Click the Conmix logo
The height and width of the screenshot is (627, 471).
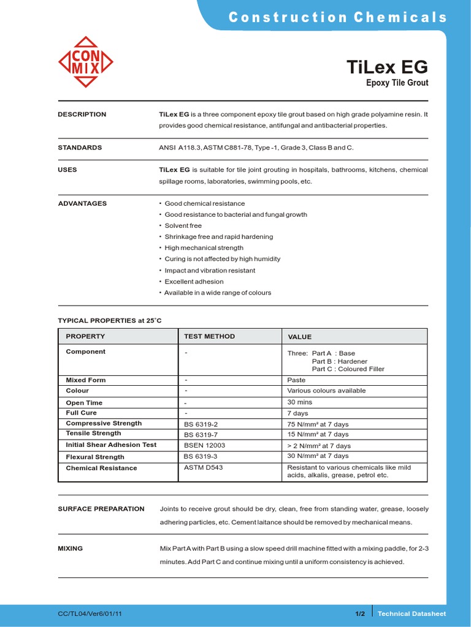tap(86, 62)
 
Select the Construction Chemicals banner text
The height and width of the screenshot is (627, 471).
tap(337, 18)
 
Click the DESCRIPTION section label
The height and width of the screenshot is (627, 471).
tap(82, 115)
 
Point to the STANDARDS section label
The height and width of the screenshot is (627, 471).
tap(80, 148)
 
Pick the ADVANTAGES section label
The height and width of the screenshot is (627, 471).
tap(82, 203)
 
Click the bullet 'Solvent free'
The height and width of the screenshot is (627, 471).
tap(183, 226)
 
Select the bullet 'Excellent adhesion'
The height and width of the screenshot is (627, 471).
tap(194, 282)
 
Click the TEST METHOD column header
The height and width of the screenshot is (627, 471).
tap(209, 336)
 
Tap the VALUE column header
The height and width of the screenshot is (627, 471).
tap(300, 337)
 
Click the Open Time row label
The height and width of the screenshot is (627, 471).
tap(84, 403)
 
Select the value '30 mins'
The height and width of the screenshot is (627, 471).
tap(300, 402)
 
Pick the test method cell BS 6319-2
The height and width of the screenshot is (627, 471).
tap(201, 424)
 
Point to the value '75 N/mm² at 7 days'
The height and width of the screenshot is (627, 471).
tap(318, 424)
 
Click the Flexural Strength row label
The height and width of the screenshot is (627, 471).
tap(95, 457)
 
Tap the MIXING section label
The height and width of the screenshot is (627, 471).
tap(70, 549)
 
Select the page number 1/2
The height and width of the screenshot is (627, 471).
tap(360, 614)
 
